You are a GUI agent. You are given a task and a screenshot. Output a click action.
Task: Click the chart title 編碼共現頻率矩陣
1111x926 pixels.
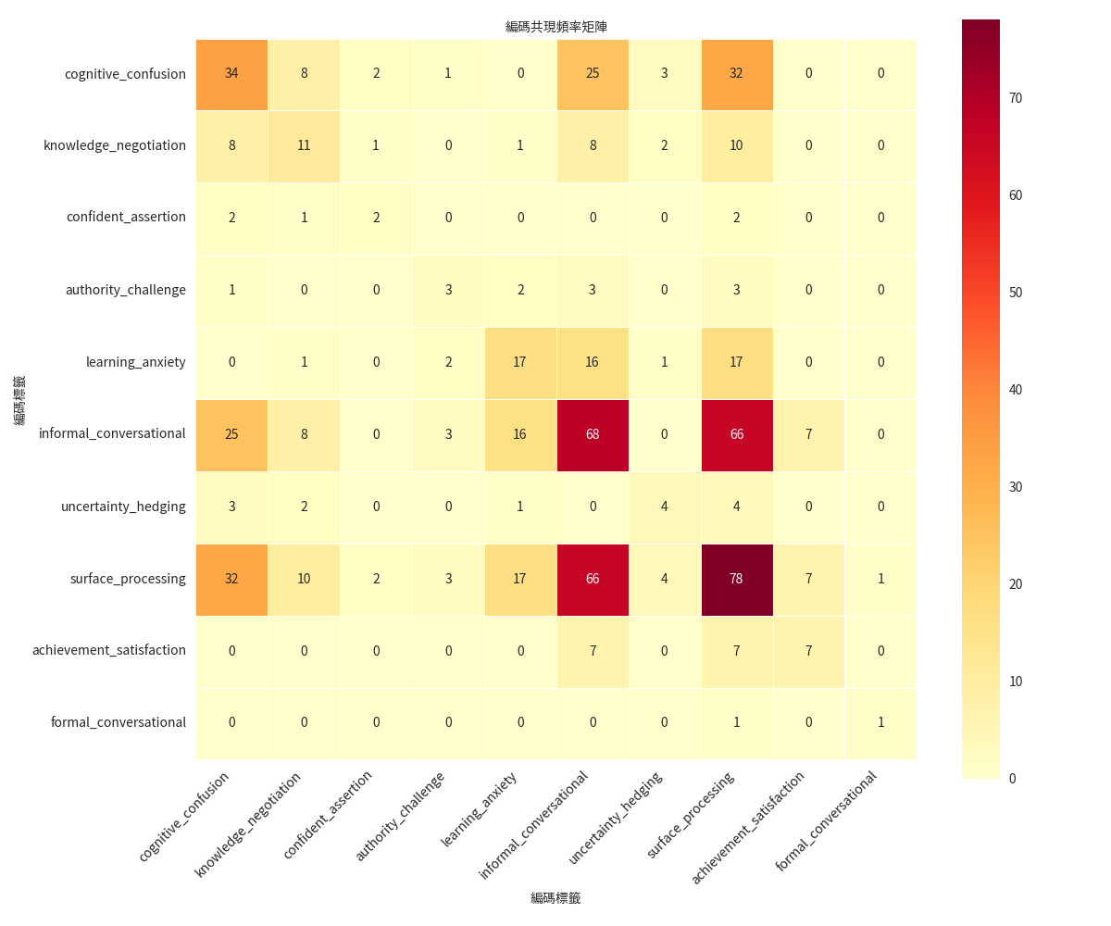[555, 27]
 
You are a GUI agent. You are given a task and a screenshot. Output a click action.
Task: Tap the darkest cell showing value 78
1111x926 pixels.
[737, 579]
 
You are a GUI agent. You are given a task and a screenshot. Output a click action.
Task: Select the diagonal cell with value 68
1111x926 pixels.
[593, 434]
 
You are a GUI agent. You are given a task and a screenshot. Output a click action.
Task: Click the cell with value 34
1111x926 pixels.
[231, 73]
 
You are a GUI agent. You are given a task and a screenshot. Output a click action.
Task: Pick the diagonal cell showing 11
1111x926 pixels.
[304, 145]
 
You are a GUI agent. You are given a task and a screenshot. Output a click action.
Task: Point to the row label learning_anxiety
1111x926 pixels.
[136, 362]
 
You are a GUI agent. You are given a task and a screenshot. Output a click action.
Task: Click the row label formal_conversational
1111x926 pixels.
[119, 722]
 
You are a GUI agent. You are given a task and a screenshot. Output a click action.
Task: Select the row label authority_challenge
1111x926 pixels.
[126, 290]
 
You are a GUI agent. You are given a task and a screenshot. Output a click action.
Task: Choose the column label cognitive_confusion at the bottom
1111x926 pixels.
[185, 816]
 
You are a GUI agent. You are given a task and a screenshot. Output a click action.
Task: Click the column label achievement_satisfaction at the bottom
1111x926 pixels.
[749, 826]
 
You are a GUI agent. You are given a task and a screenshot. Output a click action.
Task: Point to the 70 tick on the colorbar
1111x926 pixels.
[1016, 98]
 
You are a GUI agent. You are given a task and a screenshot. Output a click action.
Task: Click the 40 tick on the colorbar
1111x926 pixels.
[1016, 390]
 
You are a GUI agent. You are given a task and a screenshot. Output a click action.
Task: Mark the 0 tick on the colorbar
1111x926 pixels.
[1012, 779]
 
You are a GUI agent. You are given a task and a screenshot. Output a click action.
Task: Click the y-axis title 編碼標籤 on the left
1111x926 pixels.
[19, 400]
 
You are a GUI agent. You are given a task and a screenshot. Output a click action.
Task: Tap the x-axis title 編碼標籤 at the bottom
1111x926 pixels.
[555, 898]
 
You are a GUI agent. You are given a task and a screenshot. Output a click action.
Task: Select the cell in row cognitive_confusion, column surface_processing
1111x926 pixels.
[737, 73]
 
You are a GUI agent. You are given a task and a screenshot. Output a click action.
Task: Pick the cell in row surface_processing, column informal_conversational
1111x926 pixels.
[593, 579]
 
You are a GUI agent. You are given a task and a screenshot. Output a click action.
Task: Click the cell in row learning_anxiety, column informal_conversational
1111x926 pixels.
[593, 362]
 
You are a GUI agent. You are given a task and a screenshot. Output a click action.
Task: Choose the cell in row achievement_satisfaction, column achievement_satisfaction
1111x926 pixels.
[809, 651]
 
